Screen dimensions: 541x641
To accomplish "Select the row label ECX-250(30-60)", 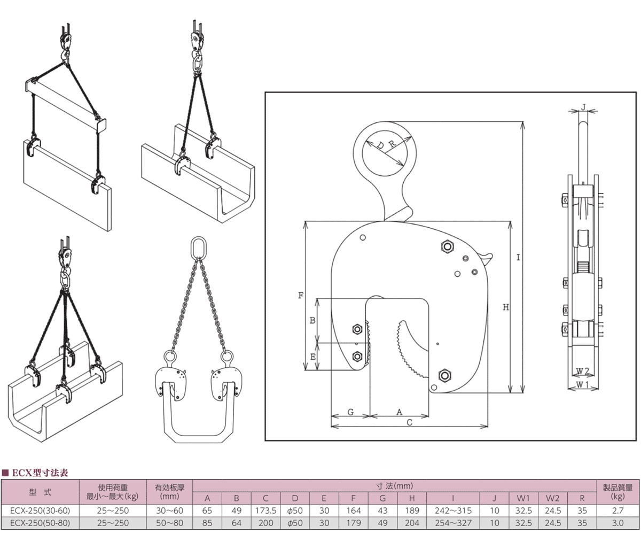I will click(40, 511).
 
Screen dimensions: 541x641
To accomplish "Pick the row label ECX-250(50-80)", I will click(40, 522).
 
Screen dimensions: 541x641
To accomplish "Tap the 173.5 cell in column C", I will click(266, 511).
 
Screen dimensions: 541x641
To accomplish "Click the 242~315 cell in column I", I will click(454, 511).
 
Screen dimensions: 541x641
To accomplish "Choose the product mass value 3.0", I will click(618, 522).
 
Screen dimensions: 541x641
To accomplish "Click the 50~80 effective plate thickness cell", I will click(170, 522).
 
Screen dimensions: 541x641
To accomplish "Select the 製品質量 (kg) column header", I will click(618, 492).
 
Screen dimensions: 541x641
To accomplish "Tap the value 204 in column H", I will click(412, 522).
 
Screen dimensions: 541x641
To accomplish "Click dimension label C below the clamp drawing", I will click(409, 422).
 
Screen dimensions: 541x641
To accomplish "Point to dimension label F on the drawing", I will click(300, 295).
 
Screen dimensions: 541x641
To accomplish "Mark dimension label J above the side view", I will click(583, 107).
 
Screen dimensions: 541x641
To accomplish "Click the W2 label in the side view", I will click(583, 370).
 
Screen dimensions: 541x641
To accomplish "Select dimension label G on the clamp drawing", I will click(350, 412).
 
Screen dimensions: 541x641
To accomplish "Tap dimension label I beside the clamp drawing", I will click(518, 258).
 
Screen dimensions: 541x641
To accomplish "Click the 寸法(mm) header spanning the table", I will click(394, 486).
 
